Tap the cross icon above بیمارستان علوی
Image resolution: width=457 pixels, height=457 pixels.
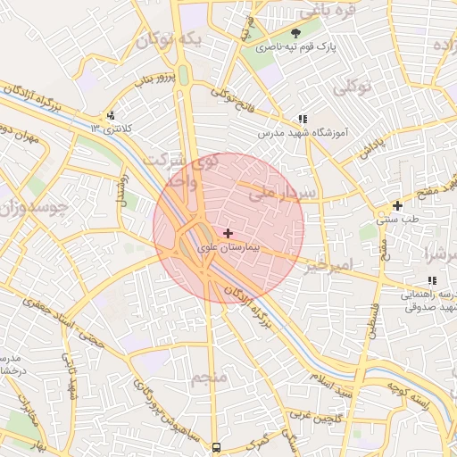click(x=228, y=233)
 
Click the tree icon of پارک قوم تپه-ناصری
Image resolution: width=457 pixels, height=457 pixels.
click(x=296, y=34)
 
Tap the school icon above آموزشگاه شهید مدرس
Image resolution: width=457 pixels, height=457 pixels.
click(x=302, y=119)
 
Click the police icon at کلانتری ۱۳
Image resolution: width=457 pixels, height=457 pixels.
click(x=110, y=115)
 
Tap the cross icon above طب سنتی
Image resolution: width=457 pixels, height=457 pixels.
click(x=397, y=205)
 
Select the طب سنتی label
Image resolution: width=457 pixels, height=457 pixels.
click(x=397, y=219)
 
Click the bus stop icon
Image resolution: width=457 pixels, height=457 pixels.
click(x=216, y=446)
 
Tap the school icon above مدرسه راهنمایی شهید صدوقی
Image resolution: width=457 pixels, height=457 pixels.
click(x=432, y=281)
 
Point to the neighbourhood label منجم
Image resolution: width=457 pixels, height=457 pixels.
click(x=209, y=378)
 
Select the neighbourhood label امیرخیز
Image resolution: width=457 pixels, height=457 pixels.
click(x=329, y=266)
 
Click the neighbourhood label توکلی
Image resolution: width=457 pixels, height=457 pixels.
click(x=351, y=87)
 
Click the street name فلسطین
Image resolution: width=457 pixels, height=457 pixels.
click(x=374, y=316)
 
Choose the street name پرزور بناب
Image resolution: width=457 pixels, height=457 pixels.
click(x=150, y=79)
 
